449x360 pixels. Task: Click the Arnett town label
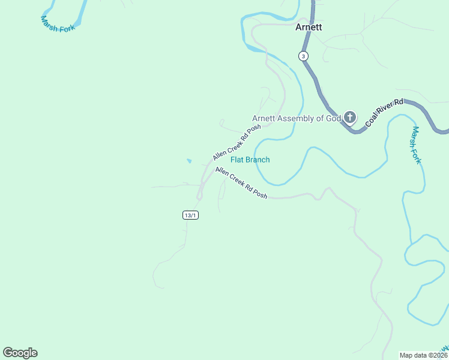pos(309,27)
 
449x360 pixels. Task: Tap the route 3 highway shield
pos(304,56)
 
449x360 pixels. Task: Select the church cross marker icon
pos(350,118)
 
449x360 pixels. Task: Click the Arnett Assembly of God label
pos(296,118)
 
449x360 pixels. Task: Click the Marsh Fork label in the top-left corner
pos(58,24)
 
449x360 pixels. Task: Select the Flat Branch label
pos(250,160)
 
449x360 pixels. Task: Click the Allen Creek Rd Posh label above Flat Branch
pos(237,143)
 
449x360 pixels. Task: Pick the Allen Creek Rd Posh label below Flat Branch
pos(241,182)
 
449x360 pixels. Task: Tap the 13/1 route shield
pos(190,215)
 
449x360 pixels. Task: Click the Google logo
pos(20,353)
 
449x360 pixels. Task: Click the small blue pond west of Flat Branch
pos(189,161)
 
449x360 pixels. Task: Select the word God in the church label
pos(333,118)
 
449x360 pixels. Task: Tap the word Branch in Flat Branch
pos(258,160)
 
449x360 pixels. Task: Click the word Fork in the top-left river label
pos(67,26)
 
